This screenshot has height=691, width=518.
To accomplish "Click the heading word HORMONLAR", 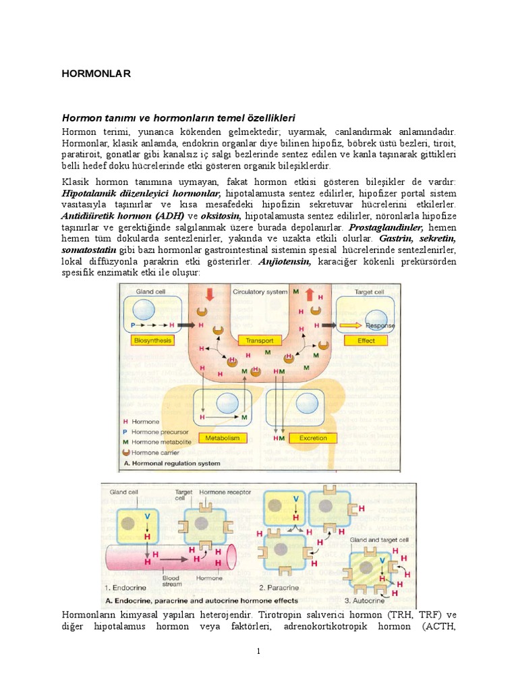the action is click(x=96, y=74).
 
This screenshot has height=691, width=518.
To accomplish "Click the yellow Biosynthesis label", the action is click(x=153, y=341).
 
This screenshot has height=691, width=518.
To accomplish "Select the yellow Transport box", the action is click(x=260, y=341).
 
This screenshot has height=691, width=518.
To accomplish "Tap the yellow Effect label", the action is click(x=366, y=341).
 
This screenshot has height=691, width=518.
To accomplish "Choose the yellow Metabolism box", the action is click(x=222, y=438).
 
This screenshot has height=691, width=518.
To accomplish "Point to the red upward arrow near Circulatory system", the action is click(x=309, y=295).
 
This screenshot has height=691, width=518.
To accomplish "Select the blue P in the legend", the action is click(x=125, y=431).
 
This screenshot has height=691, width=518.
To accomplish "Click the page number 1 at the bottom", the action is click(x=258, y=651).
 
